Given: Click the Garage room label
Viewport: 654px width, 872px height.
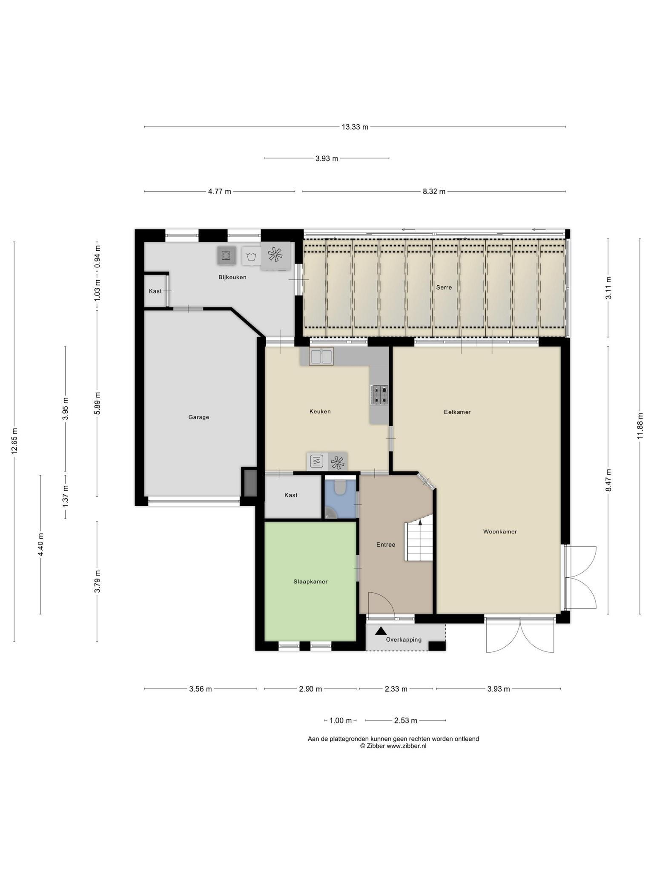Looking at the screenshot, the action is [x=198, y=417].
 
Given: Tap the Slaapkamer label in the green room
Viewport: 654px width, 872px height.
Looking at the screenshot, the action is [x=310, y=582].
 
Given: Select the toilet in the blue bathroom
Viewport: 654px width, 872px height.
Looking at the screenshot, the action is [x=340, y=487].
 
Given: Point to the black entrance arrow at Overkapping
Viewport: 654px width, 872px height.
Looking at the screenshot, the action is [x=381, y=631].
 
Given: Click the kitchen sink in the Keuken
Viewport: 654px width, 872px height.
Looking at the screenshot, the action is [x=321, y=356].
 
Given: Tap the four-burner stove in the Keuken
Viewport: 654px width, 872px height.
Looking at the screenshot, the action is [x=379, y=395].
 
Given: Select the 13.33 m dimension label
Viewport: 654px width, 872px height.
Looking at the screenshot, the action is [x=355, y=127].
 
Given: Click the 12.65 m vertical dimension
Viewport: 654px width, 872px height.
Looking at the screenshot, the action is [x=14, y=441].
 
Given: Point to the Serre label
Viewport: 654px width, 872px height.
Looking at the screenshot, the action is [x=444, y=287].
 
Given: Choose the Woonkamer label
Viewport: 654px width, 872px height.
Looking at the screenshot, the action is [x=500, y=532].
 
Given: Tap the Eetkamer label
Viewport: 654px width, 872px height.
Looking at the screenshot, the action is [x=457, y=412].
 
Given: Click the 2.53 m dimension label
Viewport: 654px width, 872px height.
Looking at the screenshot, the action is [x=405, y=720].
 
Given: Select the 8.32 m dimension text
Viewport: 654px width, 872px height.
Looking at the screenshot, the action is [x=434, y=192].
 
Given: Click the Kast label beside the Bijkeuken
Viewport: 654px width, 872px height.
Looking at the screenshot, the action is [x=155, y=291].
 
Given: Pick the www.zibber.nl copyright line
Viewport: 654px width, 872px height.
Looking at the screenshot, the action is [x=393, y=746].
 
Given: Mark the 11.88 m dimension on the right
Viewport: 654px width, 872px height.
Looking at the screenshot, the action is [x=640, y=426].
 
